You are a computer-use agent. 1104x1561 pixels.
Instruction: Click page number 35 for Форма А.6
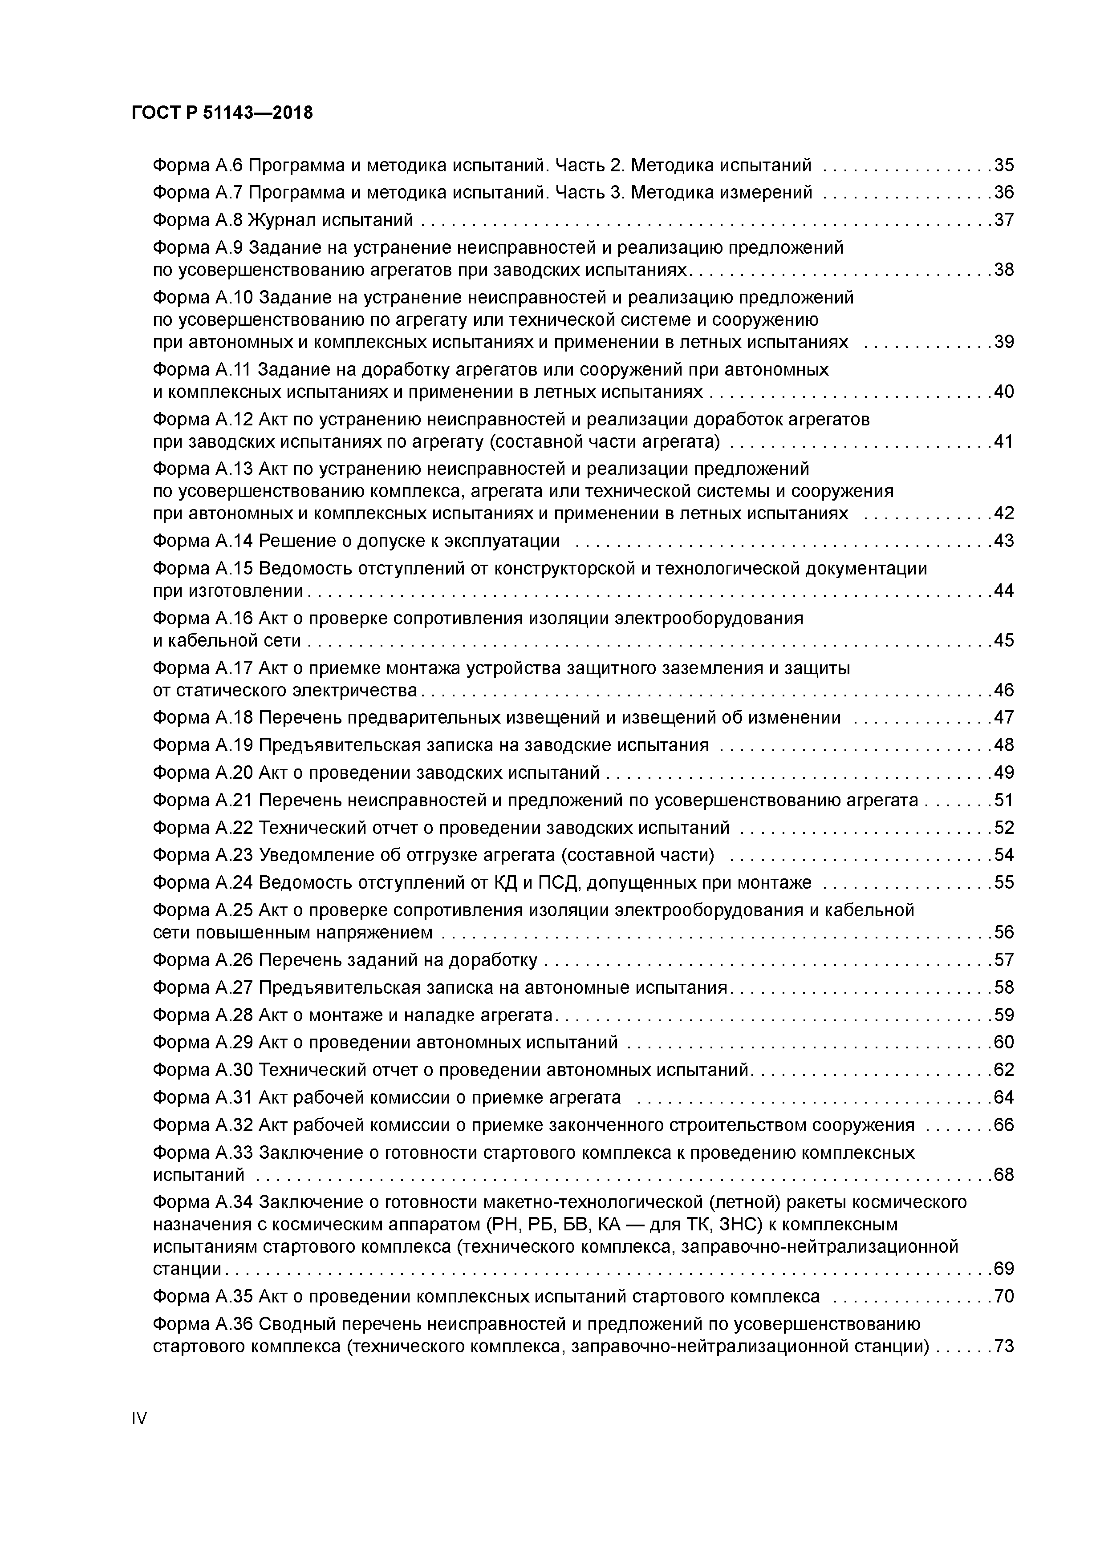click(x=1003, y=165)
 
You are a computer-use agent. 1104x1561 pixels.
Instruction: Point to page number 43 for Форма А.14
click(x=1003, y=541)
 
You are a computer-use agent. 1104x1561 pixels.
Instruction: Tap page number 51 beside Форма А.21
click(x=1003, y=800)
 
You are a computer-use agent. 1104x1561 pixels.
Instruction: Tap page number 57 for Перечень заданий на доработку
click(x=1003, y=960)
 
